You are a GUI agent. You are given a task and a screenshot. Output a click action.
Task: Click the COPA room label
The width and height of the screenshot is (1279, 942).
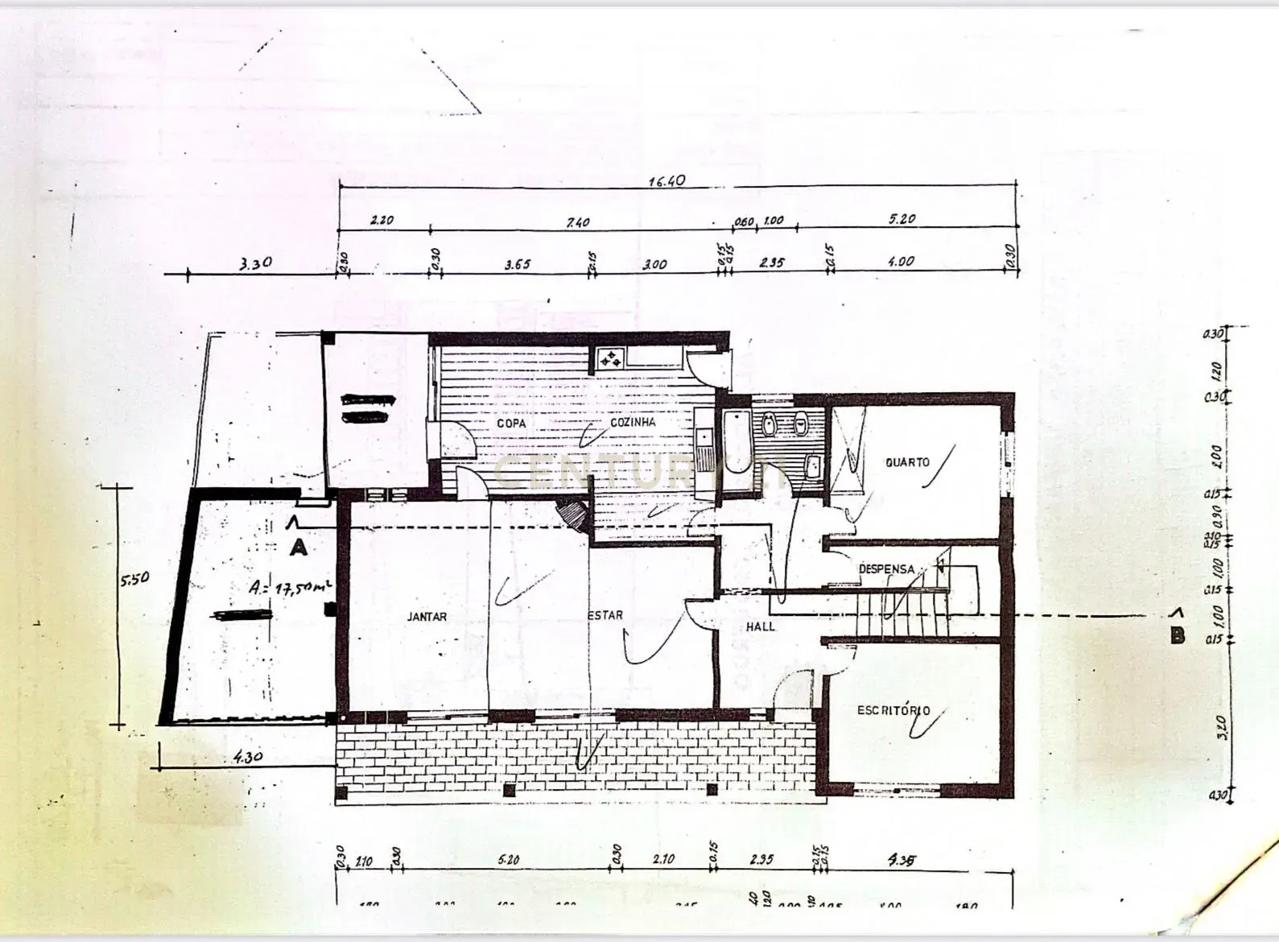(511, 423)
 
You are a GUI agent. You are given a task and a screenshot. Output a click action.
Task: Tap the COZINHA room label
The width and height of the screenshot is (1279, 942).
(633, 422)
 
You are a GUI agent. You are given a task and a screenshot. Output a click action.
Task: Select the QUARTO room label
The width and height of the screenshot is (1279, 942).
(907, 462)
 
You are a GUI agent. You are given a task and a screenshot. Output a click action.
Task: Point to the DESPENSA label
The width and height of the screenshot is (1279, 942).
(886, 568)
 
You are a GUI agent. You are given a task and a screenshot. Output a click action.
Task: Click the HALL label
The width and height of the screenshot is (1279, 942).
(760, 626)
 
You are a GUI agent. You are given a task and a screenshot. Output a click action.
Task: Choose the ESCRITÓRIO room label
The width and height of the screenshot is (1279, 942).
(893, 710)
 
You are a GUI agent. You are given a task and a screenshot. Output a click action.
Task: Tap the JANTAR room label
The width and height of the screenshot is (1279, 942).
(427, 617)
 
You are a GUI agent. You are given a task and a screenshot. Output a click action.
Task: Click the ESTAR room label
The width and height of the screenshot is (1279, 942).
(605, 615)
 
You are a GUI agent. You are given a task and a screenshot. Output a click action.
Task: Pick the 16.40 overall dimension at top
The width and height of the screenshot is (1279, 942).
(667, 180)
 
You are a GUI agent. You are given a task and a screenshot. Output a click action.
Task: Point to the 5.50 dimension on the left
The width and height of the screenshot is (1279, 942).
(134, 579)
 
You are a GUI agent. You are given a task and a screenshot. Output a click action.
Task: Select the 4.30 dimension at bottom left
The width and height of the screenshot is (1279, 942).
(248, 757)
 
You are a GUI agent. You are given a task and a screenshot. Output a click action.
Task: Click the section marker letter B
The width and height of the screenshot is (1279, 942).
(1177, 636)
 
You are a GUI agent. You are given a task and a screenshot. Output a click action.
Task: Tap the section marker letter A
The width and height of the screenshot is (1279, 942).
(299, 548)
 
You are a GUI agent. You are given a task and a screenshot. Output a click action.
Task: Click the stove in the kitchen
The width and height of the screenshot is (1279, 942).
(610, 357)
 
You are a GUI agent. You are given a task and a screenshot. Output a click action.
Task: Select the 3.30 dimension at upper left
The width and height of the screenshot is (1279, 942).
(256, 262)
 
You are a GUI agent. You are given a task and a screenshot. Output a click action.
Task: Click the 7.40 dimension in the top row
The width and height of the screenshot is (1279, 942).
(578, 222)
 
